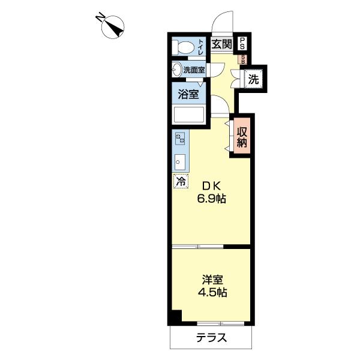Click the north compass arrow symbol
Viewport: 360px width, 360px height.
(x=113, y=27)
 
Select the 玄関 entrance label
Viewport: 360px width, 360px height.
(x=222, y=44)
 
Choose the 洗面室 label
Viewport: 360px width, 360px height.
(x=194, y=70)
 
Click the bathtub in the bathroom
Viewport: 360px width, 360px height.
(x=189, y=114)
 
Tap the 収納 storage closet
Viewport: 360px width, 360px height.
(x=242, y=137)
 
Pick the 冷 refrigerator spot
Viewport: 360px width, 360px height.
(x=179, y=180)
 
